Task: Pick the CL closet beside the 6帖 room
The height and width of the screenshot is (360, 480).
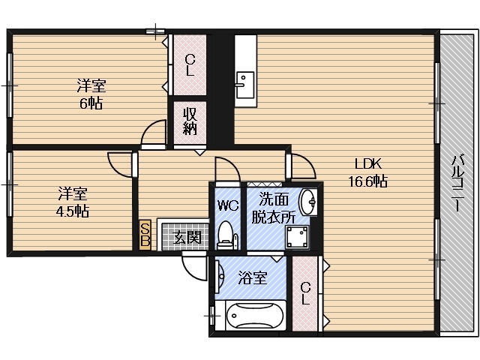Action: pyautogui.click(x=190, y=66)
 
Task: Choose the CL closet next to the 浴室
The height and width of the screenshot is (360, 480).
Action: pyautogui.click(x=305, y=293)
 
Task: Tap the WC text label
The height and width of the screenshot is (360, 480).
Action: pyautogui.click(x=227, y=205)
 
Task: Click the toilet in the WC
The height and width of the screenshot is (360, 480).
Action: pyautogui.click(x=225, y=236)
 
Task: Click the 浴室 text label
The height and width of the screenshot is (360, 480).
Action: pyautogui.click(x=252, y=278)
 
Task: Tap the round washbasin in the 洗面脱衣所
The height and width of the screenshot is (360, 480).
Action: pyautogui.click(x=308, y=202)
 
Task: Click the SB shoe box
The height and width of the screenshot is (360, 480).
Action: pyautogui.click(x=145, y=235)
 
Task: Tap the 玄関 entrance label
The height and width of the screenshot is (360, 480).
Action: pyautogui.click(x=187, y=238)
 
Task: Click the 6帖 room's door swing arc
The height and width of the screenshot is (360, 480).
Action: pyautogui.click(x=154, y=130)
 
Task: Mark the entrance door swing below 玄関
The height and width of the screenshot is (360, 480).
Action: pyautogui.click(x=194, y=265)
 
